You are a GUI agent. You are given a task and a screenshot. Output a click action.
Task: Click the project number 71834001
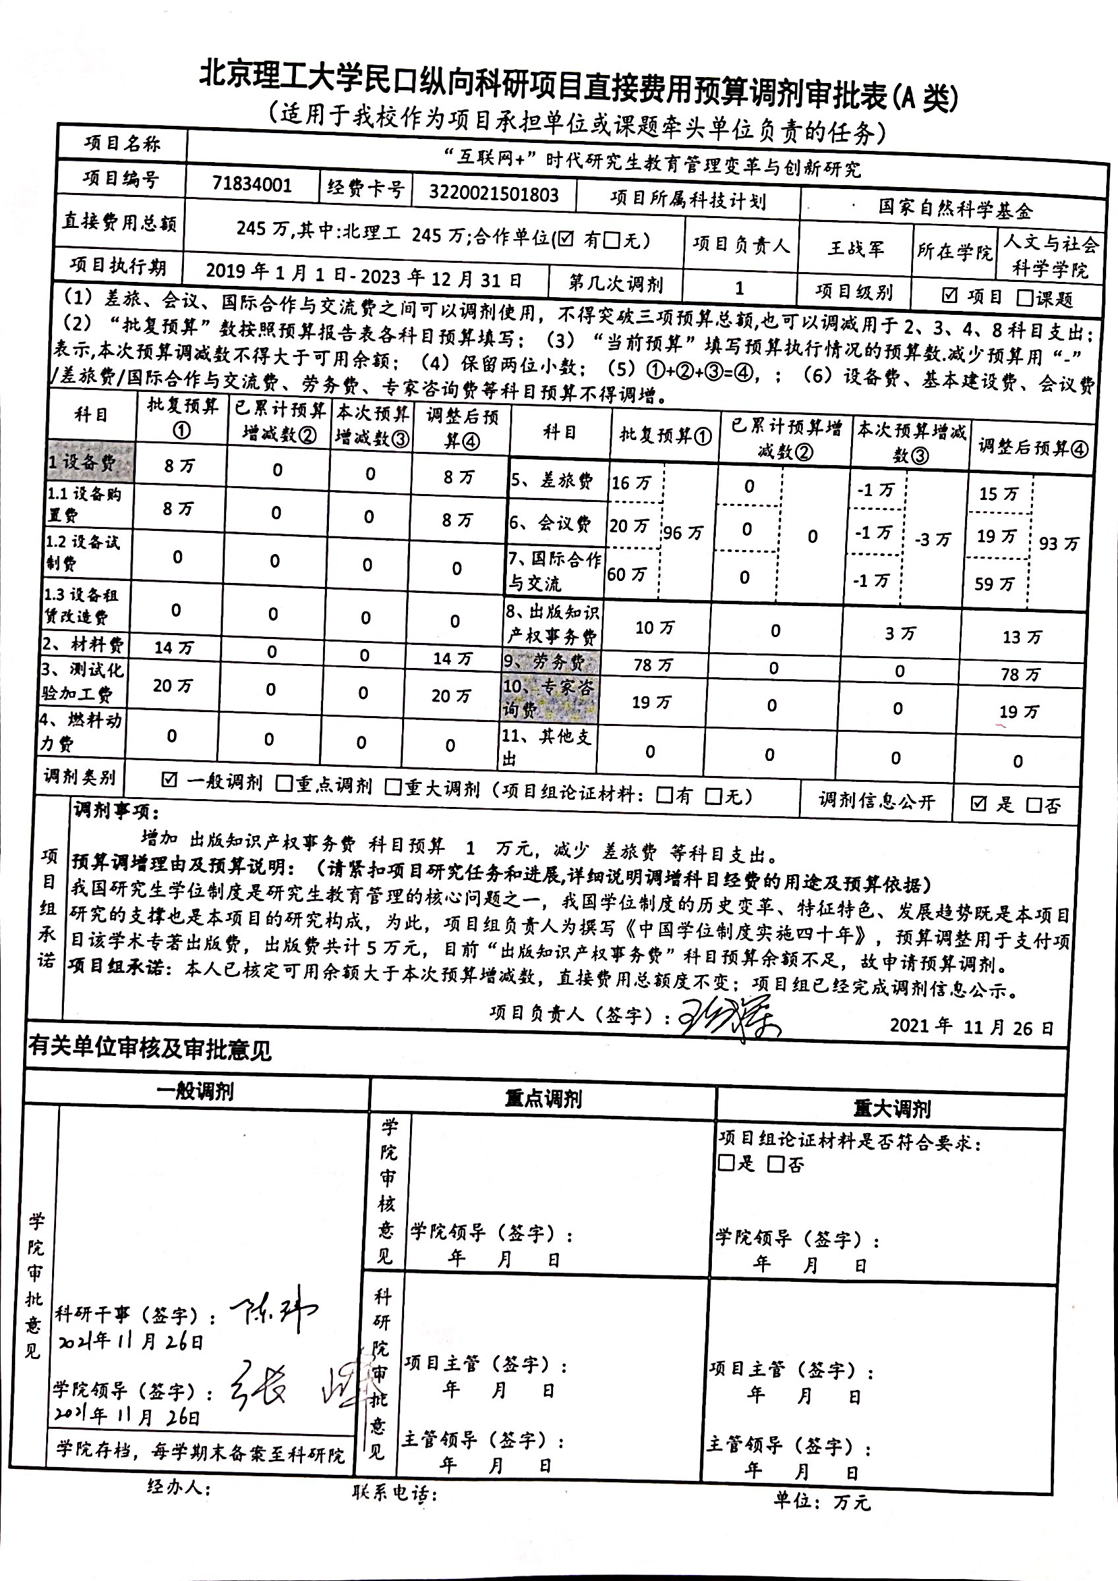pyautogui.click(x=252, y=185)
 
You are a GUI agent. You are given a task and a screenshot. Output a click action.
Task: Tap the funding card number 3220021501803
pyautogui.click(x=493, y=194)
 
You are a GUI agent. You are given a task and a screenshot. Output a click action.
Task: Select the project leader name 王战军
pyautogui.click(x=856, y=248)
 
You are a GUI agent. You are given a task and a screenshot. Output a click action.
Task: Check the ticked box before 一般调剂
pyautogui.click(x=169, y=779)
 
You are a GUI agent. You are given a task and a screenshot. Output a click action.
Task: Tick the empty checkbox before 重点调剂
pyautogui.click(x=284, y=785)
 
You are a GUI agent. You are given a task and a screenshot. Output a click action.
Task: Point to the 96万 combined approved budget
pyautogui.click(x=683, y=532)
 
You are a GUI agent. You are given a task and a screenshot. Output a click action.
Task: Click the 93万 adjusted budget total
pyautogui.click(x=1059, y=544)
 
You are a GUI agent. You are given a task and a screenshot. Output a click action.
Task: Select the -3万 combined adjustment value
pyautogui.click(x=932, y=539)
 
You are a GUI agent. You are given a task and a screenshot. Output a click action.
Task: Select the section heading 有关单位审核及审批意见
pyautogui.click(x=150, y=1050)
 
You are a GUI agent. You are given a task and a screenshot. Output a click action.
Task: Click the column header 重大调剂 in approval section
pyautogui.click(x=892, y=1109)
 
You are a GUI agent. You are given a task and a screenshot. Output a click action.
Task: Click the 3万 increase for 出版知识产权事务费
pyautogui.click(x=900, y=634)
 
